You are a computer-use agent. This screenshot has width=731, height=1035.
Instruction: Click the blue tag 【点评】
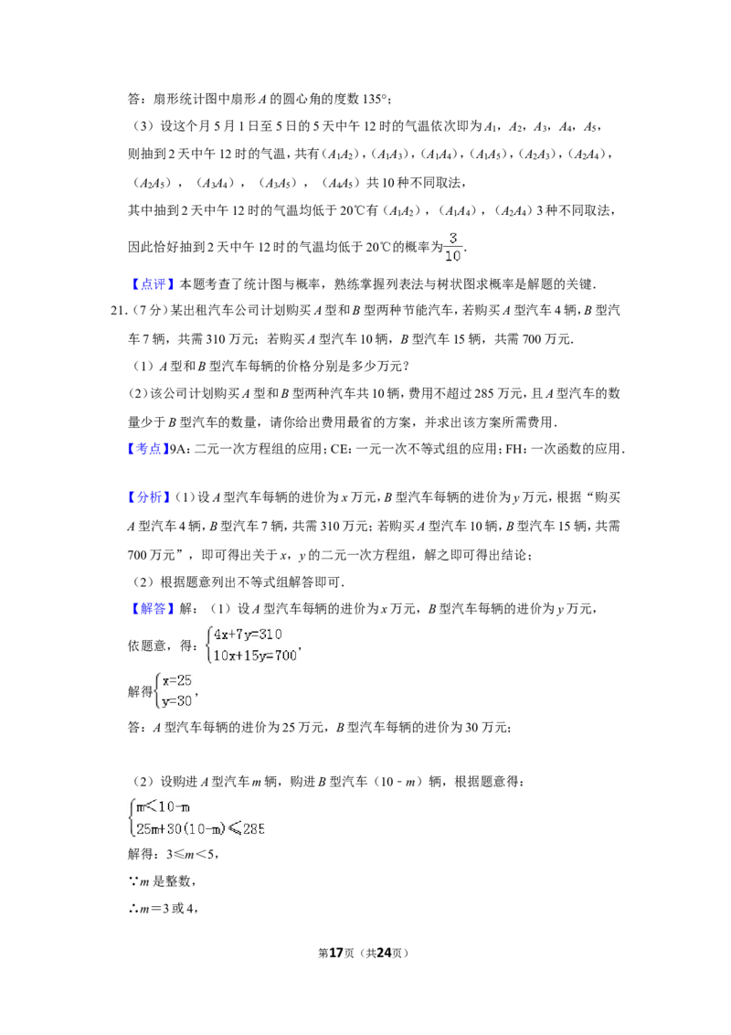151,283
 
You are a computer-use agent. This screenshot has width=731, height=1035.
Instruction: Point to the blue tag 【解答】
151,609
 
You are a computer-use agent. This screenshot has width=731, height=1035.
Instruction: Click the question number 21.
119,311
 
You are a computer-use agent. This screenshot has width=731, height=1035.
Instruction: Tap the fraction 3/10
453,247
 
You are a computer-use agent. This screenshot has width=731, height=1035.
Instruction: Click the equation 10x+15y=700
255,656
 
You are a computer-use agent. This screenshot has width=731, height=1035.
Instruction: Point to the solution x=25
177,680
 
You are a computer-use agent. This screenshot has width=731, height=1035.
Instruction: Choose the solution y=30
177,701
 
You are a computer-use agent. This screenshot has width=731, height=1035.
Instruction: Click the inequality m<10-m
163,806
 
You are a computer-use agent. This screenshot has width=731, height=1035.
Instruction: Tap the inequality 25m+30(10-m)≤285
200,828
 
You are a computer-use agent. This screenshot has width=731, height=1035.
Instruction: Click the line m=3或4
163,909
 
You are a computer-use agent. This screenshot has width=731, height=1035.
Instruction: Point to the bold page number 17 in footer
336,953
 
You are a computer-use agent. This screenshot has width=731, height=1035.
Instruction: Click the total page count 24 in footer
384,953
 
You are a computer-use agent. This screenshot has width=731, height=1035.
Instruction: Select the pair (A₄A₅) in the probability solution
341,183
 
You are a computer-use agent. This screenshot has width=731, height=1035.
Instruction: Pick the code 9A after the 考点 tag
179,449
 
